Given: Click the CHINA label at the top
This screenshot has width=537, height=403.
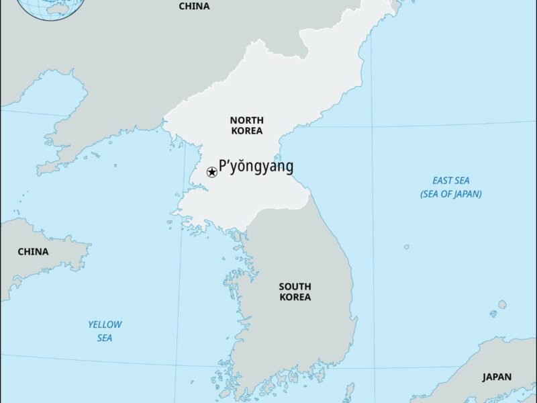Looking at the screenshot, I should pyautogui.click(x=194, y=6).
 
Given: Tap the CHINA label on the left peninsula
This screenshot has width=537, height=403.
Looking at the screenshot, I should pyautogui.click(x=33, y=252).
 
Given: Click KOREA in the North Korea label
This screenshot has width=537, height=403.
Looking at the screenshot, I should pyautogui.click(x=246, y=131).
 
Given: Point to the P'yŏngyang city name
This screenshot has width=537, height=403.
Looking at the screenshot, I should pyautogui.click(x=256, y=167).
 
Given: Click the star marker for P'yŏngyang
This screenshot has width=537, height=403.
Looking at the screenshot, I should pyautogui.click(x=211, y=173).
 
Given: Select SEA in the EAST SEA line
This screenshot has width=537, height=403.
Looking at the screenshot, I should pyautogui.click(x=462, y=181).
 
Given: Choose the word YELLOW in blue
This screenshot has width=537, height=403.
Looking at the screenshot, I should pyautogui.click(x=105, y=324).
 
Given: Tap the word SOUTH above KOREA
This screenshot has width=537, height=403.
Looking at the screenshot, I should pyautogui.click(x=295, y=286).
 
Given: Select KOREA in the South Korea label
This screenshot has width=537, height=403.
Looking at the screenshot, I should pyautogui.click(x=295, y=297).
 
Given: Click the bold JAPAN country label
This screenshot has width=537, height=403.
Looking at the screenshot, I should pyautogui.click(x=497, y=377).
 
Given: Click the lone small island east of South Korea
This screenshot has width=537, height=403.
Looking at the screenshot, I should pyautogui.click(x=407, y=247).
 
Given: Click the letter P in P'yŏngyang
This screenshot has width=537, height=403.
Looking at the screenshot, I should pyautogui.click(x=223, y=167).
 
